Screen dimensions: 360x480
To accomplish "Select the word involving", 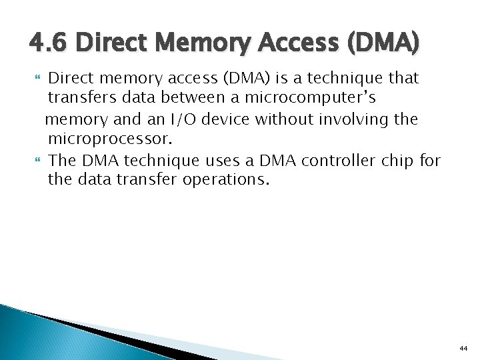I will (x=375, y=119).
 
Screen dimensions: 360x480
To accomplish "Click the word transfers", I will (x=79, y=99).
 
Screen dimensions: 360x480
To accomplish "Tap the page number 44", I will (x=463, y=348).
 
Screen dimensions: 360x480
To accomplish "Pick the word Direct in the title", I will (x=109, y=44).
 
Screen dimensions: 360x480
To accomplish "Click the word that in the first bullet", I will (x=403, y=78).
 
